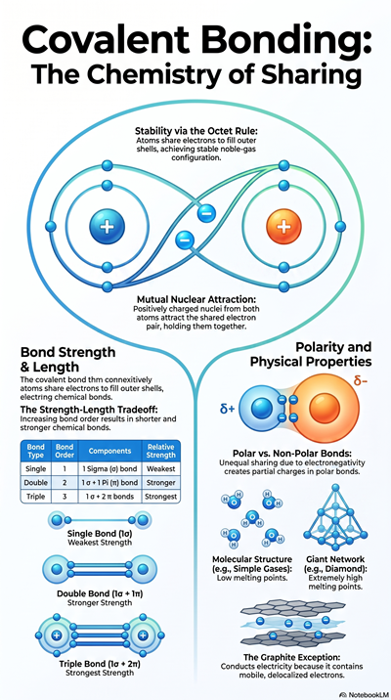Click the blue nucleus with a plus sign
(x=107, y=227)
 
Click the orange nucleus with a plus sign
(x=283, y=227)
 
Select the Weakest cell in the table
(x=160, y=469)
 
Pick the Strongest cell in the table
(x=160, y=497)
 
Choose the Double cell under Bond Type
(x=36, y=483)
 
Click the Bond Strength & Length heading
(x=68, y=360)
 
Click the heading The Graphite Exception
(x=292, y=657)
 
